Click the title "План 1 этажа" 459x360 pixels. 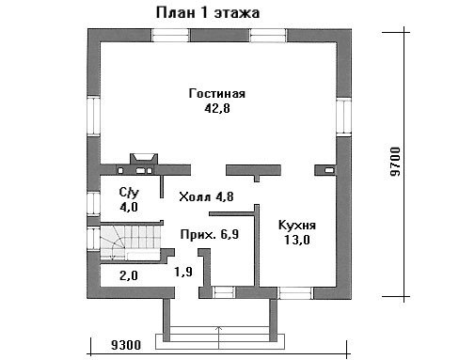tap(208, 13)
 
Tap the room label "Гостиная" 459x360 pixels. tap(217, 94)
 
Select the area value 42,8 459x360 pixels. tap(217, 108)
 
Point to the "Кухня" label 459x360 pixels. tap(297, 226)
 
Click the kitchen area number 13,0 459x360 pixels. tap(297, 240)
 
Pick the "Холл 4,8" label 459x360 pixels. tap(206, 196)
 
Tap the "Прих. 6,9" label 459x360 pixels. tap(210, 234)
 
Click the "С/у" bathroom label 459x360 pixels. tap(129, 193)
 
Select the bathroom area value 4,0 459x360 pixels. tap(129, 207)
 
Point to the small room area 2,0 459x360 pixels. tap(129, 275)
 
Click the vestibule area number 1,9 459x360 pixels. tap(183, 272)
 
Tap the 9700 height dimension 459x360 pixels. tap(396, 162)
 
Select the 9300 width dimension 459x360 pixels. tap(126, 345)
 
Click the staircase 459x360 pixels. tap(131, 242)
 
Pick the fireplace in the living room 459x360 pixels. tap(144, 159)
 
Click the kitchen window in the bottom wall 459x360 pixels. tap(295, 292)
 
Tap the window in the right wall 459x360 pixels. tap(343, 116)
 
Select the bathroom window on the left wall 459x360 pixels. tap(93, 203)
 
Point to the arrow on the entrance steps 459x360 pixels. tap(219, 337)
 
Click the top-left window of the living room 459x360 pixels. tap(170, 36)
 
